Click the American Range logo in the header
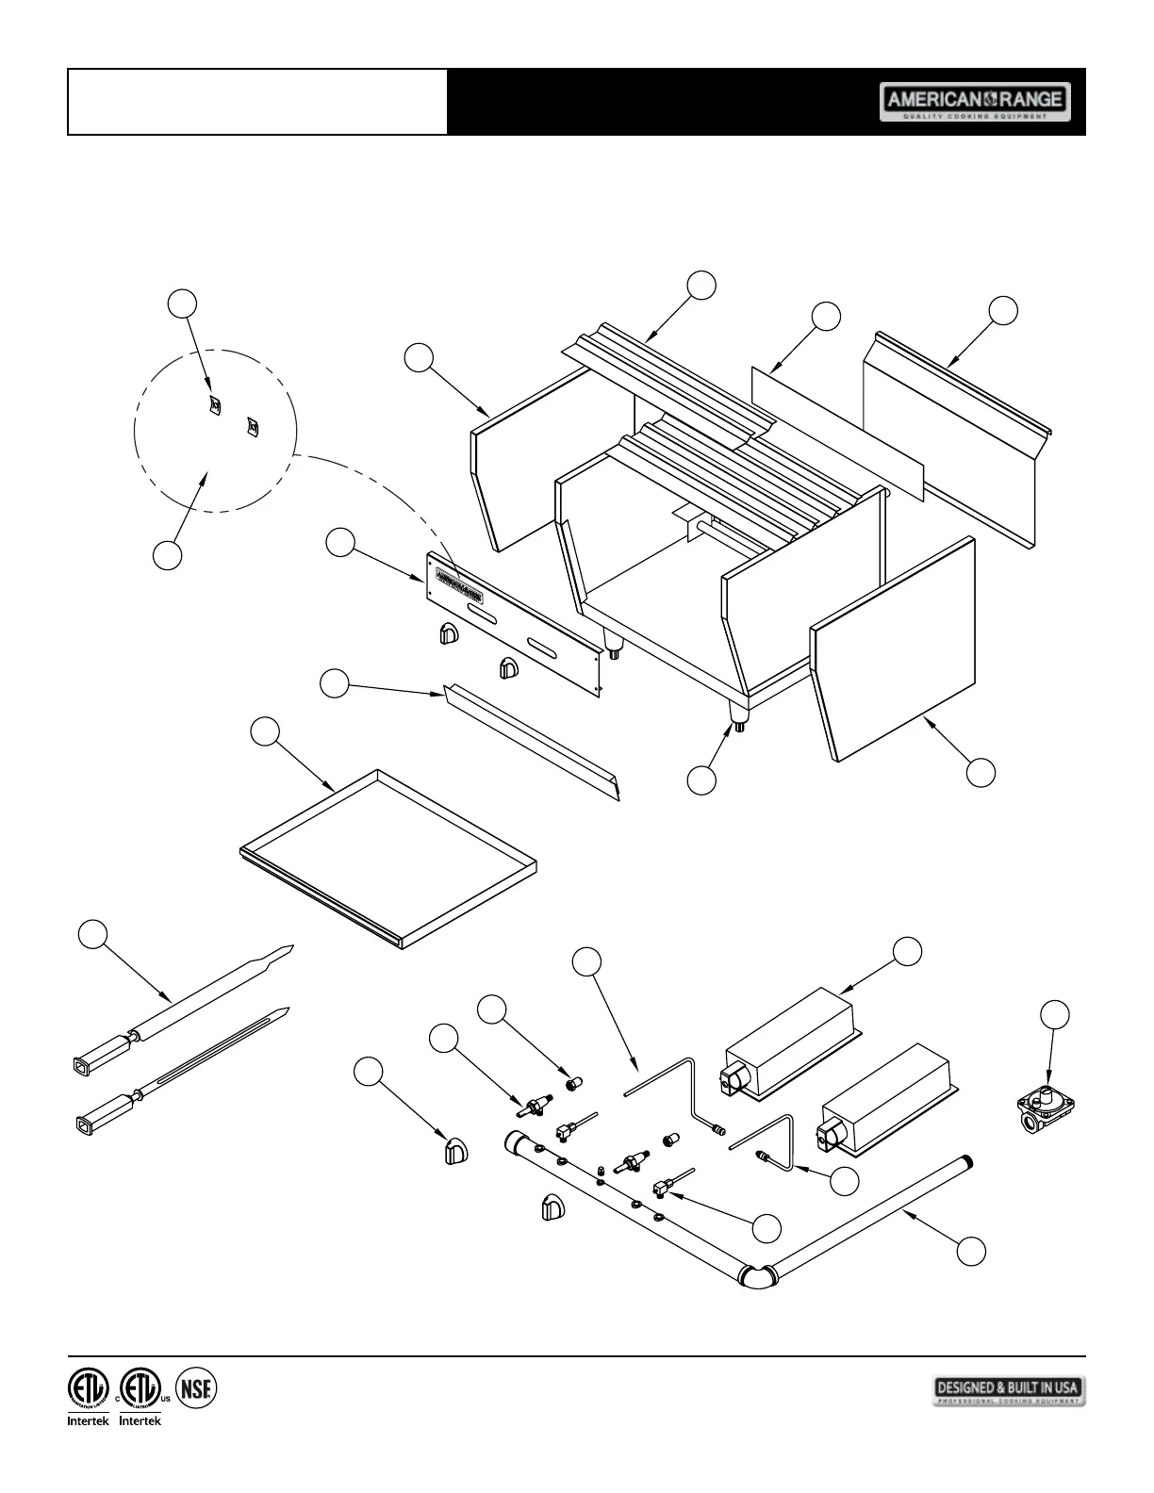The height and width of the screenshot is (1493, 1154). (x=975, y=101)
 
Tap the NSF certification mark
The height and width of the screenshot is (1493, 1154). (x=196, y=1387)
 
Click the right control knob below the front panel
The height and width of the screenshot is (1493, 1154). (x=507, y=668)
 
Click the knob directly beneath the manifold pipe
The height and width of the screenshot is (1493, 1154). (x=552, y=1208)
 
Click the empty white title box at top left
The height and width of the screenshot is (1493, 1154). (x=257, y=102)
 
